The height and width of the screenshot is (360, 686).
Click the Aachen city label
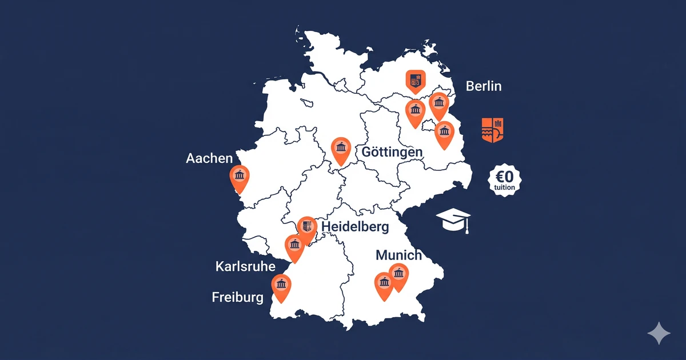[209, 158]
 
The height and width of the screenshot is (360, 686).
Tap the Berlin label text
[484, 86]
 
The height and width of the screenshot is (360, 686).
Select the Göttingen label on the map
[392, 153]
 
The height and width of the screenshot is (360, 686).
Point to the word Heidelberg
[355, 227]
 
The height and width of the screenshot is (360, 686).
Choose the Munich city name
[398, 255]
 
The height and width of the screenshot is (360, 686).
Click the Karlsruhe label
[245, 267]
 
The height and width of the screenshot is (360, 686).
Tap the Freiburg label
[237, 297]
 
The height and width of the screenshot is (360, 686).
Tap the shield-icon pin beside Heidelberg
[307, 228]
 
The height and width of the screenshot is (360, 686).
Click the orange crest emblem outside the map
[493, 130]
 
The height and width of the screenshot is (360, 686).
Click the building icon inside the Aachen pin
[239, 175]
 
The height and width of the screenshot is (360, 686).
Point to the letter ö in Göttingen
[376, 153]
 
